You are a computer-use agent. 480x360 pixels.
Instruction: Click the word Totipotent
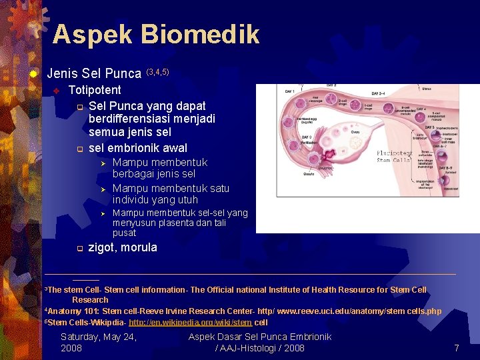95,90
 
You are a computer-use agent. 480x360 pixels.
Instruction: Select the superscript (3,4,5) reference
159,71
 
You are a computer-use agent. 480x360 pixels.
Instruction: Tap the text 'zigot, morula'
123,247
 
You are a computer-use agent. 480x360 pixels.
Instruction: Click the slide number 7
456,348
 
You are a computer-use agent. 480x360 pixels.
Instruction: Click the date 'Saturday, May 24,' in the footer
99,337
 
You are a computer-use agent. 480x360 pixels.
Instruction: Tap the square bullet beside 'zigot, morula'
78,249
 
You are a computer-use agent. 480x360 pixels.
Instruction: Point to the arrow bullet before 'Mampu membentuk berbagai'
103,163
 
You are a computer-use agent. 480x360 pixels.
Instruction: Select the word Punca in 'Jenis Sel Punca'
125,73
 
